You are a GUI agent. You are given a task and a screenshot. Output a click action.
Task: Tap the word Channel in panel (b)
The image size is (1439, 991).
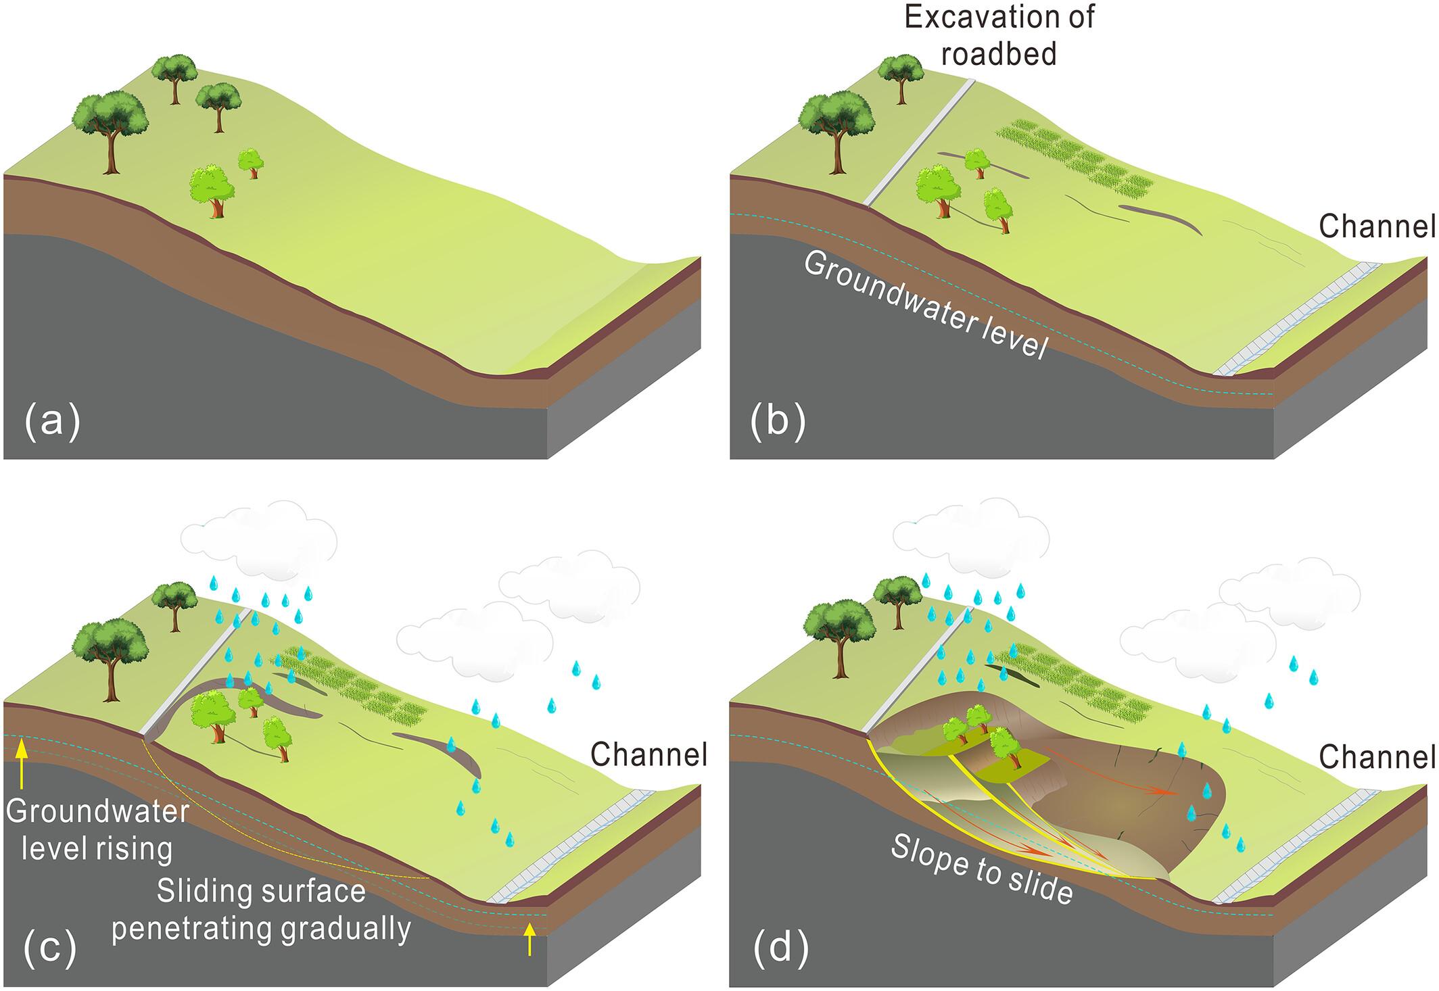click(1377, 227)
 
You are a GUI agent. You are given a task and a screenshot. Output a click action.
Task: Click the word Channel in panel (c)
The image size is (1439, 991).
click(648, 754)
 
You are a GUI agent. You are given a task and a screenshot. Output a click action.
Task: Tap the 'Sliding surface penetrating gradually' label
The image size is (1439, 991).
click(261, 910)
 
